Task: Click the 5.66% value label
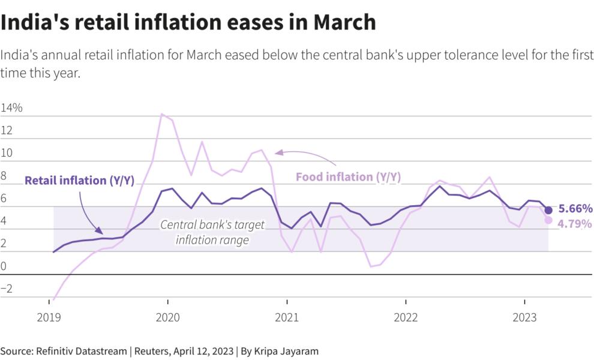point(575,209)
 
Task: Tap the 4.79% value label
point(575,224)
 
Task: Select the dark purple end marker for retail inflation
point(548,210)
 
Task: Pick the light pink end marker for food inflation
point(548,220)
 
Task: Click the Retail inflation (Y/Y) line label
point(79,181)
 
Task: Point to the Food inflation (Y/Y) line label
point(348,177)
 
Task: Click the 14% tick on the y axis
point(11,109)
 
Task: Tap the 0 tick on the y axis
point(4,266)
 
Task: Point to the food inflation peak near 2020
point(161,114)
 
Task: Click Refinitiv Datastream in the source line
point(83,351)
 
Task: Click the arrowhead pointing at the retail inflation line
point(100,230)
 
